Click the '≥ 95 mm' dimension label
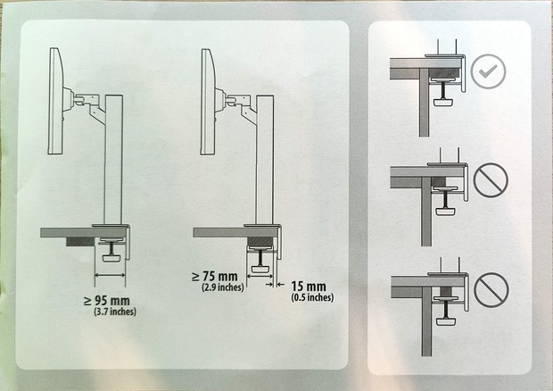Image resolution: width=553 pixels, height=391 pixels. pyautogui.click(x=107, y=301)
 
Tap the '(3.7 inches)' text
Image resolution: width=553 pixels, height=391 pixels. pyautogui.click(x=115, y=312)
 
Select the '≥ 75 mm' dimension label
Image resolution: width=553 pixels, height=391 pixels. pyautogui.click(x=215, y=277)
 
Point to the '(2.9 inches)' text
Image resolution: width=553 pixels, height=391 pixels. pyautogui.click(x=223, y=287)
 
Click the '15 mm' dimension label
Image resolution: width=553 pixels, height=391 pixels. pyautogui.click(x=309, y=287)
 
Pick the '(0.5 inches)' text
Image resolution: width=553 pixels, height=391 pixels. pyautogui.click(x=312, y=297)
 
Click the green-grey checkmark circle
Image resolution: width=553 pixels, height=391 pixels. pyautogui.click(x=488, y=71)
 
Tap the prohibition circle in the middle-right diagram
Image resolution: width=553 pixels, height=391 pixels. pyautogui.click(x=491, y=180)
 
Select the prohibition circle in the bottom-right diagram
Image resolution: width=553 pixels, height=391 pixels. pyautogui.click(x=491, y=290)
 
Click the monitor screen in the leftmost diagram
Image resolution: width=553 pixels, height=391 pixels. pyautogui.click(x=55, y=101)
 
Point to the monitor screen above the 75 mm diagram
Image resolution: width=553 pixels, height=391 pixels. pyautogui.click(x=208, y=102)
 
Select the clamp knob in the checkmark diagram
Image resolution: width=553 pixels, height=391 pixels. pyautogui.click(x=443, y=102)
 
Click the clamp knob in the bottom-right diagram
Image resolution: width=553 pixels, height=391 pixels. pyautogui.click(x=445, y=321)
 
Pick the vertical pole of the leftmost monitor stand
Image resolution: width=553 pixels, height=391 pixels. pyautogui.click(x=113, y=160)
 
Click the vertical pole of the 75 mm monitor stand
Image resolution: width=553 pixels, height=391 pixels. pyautogui.click(x=265, y=160)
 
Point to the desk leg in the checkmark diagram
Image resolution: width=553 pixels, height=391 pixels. pyautogui.click(x=424, y=103)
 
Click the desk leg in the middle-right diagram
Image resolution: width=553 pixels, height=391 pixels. pyautogui.click(x=426, y=212)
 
